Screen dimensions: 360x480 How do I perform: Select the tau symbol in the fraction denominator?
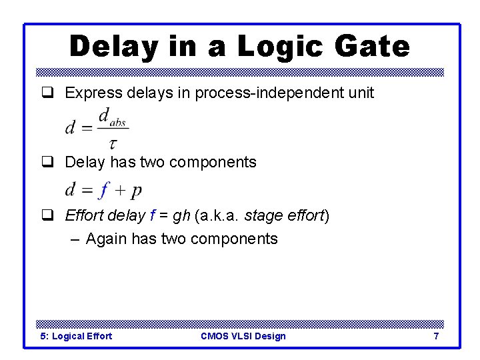113,143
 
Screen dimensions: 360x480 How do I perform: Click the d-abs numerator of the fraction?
112,117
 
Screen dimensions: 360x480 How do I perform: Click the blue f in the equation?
103,191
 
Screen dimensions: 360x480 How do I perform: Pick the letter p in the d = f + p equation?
136,192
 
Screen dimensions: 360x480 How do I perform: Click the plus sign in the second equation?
120,191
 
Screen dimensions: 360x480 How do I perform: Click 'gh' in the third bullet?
181,216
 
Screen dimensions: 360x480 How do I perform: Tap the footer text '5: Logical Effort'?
77,336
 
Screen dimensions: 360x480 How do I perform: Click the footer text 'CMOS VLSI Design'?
243,336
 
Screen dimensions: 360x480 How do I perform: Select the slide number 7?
436,336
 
